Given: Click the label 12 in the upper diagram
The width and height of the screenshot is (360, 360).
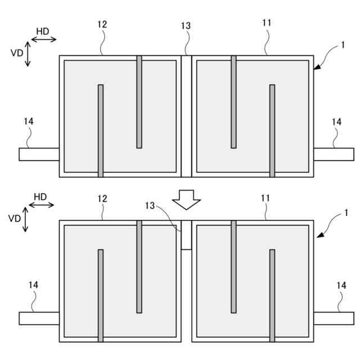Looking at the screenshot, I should point(102,24).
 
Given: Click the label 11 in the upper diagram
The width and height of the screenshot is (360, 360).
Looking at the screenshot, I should point(267,23).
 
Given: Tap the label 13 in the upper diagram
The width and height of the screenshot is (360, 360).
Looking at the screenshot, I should point(186,26).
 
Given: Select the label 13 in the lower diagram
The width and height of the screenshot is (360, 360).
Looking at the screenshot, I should point(150,206).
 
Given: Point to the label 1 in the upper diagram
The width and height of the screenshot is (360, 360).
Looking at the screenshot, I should point(343,46).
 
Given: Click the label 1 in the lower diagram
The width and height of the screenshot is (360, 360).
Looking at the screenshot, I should point(346,213).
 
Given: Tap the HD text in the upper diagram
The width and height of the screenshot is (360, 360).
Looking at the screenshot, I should point(43,29).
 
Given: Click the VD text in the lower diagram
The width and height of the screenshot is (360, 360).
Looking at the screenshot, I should point(14,218).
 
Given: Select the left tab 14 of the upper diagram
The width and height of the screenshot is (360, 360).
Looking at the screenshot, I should point(39,154).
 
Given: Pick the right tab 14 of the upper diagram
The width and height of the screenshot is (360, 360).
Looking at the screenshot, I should point(333,154).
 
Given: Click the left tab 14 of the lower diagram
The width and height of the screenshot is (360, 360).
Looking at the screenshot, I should point(39,318).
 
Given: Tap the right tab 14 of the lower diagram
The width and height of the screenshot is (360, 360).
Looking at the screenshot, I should point(333,318).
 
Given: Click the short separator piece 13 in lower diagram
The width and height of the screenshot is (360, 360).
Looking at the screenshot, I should point(186,235).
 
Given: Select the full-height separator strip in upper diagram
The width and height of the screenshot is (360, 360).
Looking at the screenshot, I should point(186,116).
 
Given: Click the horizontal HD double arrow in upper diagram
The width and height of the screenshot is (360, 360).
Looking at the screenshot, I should point(43,39).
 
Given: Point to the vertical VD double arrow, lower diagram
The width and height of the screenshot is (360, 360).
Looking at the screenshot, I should point(25,221).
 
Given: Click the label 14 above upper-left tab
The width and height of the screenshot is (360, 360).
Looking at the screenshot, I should point(29,121).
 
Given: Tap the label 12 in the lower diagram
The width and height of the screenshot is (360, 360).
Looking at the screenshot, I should point(102,199).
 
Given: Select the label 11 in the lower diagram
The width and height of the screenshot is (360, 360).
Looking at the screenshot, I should point(266,199).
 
